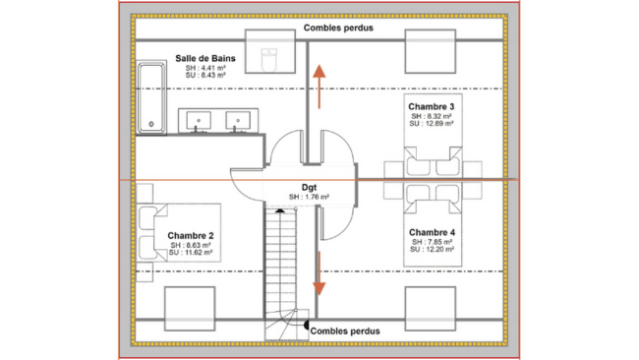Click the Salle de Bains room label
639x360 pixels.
(x=205, y=58)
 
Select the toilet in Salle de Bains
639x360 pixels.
(x=271, y=58)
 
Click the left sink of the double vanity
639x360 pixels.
(x=202, y=121)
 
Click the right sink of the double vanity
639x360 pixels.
(x=237, y=121)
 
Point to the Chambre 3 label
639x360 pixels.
(x=432, y=106)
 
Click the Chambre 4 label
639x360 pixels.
(x=432, y=232)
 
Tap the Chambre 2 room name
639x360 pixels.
(x=191, y=236)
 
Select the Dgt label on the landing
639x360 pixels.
(x=309, y=186)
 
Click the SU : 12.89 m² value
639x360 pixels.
(x=433, y=125)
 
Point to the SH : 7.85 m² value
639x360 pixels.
(x=433, y=242)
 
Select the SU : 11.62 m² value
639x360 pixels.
(x=191, y=255)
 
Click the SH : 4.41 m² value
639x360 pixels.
(x=205, y=67)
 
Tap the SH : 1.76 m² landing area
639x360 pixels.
(x=309, y=197)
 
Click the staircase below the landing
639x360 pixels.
(x=282, y=266)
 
